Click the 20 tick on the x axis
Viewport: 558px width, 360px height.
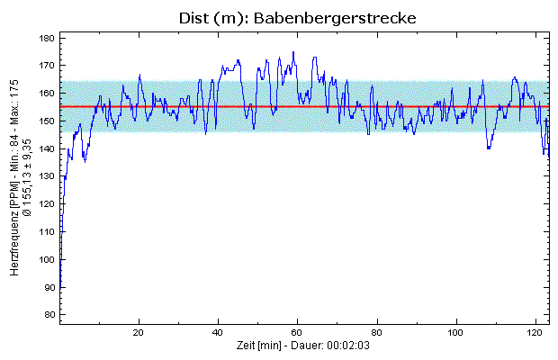pos(139,331)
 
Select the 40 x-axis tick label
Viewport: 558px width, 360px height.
pos(219,331)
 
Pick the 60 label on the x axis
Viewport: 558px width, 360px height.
pos(298,331)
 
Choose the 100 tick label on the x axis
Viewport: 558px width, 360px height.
pos(457,331)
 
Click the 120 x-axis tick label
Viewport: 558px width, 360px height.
pos(536,331)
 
